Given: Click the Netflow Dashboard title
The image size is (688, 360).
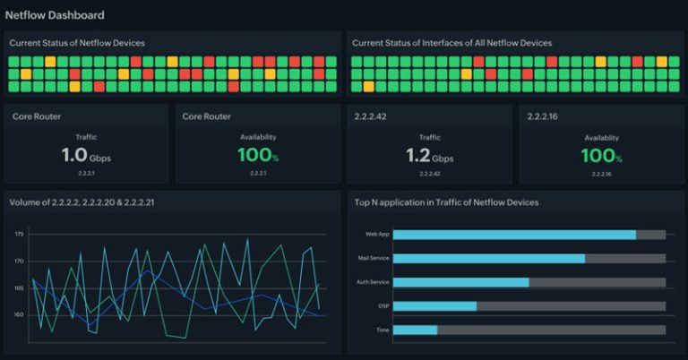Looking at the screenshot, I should coord(55,15).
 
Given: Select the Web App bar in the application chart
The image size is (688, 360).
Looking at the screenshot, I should coord(514,235).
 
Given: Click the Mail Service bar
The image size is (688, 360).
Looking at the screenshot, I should coord(489,258).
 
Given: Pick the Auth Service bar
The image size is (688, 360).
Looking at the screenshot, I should coord(461,282).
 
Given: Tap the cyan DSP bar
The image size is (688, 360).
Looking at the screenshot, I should coord(435,306).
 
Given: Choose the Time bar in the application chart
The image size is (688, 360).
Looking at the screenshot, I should coord(416,330).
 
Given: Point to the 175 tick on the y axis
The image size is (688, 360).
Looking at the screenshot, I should coord(20,234).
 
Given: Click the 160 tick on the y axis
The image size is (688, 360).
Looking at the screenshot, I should coord(20,314).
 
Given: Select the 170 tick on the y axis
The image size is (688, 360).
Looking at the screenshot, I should coord(20,261).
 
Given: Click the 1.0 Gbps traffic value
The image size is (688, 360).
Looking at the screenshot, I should coord(86,156).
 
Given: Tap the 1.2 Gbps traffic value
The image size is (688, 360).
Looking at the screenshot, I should coord(429,156).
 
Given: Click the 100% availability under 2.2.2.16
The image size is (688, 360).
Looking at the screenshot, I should coord(600,156).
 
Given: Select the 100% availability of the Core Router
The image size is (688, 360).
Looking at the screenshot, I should coord(258,156).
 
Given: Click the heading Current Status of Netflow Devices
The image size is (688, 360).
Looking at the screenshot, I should coord(77,43).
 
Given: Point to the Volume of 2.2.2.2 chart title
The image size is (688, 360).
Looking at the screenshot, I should coord(82,202).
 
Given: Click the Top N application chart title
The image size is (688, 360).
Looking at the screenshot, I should coord(446,202).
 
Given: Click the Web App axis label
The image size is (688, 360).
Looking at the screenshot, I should coord(376,235).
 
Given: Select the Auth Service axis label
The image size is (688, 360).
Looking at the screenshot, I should coord(374,282).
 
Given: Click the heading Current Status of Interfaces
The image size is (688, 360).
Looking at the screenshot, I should coord(451,43).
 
